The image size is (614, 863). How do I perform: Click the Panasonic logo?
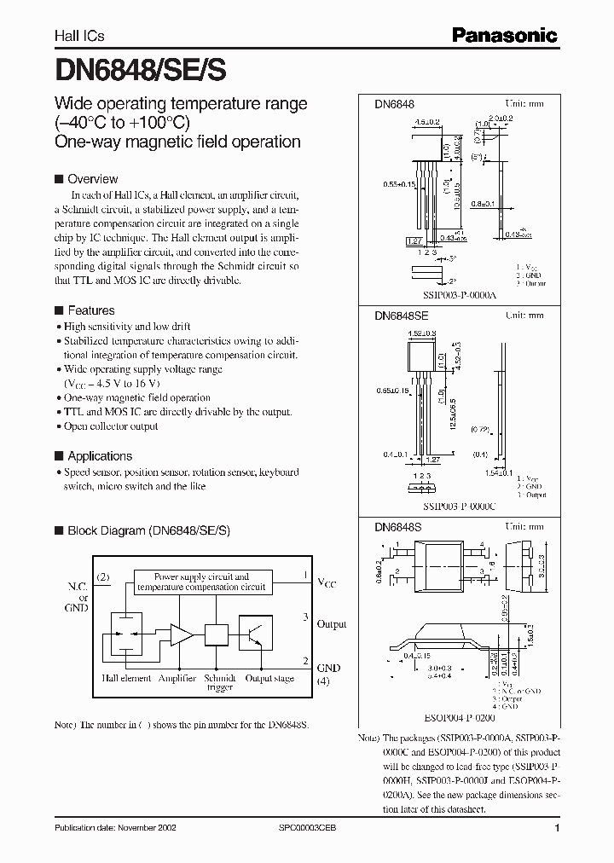pos(504,35)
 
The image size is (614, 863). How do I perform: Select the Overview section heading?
pos(92,179)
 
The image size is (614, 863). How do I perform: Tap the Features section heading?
pos(90,310)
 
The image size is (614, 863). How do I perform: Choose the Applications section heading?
pos(100,456)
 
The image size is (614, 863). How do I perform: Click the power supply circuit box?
pos(201,582)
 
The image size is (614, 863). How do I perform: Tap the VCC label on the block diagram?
pos(327,583)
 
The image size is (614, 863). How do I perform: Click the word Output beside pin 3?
pos(331,624)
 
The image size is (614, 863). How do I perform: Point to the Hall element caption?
pos(125,679)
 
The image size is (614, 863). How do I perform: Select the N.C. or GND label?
pos(78,597)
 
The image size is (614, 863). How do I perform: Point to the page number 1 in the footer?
pos(557,829)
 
